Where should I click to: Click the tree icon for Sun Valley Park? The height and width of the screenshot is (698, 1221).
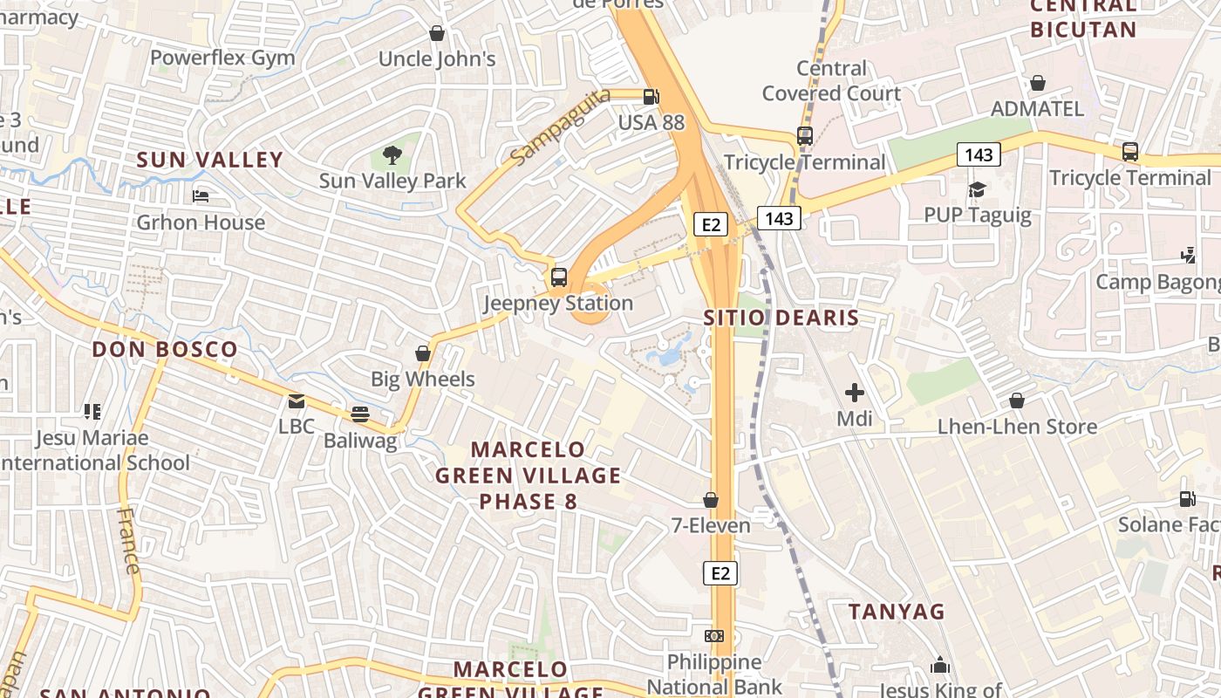tap(392, 155)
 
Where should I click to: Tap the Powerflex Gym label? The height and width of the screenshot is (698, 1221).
tap(222, 58)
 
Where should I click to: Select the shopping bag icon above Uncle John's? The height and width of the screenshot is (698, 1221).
tap(437, 33)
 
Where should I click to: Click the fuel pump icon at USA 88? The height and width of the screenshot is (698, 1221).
tap(651, 97)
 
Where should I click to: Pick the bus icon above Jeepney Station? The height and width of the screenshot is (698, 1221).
tap(559, 277)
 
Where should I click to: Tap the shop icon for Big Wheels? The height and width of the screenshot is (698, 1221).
tap(423, 353)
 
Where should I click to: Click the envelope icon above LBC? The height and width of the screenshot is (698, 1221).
tap(297, 401)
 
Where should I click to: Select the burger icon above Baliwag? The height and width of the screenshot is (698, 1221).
tap(359, 414)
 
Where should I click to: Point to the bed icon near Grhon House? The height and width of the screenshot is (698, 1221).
tap(201, 196)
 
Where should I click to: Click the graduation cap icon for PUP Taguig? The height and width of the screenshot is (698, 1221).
tap(977, 189)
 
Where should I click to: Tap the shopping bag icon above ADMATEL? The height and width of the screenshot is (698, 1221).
tap(1038, 83)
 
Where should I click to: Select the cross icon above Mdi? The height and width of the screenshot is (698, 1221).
tap(855, 393)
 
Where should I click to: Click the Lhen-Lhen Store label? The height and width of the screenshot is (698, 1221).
tap(1017, 427)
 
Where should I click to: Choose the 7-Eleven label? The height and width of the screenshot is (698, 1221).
tap(710, 525)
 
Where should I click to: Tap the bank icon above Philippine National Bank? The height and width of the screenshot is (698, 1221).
tap(714, 636)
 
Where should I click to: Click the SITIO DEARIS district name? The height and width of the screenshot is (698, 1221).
tap(781, 318)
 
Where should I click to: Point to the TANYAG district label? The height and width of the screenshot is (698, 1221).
tap(897, 612)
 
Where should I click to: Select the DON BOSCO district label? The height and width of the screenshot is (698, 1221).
tap(165, 349)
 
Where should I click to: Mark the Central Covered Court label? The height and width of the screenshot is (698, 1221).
tap(831, 80)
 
